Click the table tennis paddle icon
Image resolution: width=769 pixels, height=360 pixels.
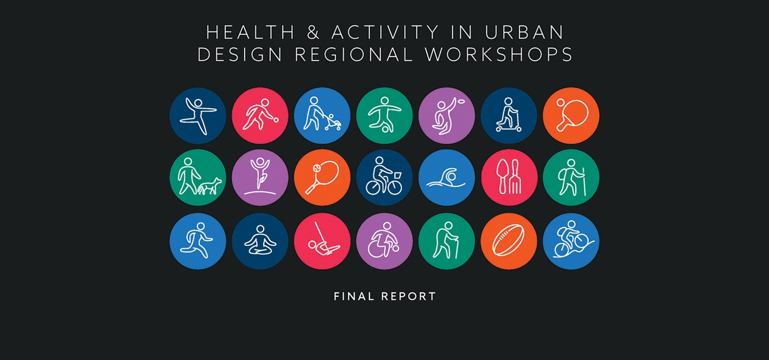(x=571, y=115)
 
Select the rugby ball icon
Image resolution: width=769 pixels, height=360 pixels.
(x=509, y=241)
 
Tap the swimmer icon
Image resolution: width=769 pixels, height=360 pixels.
(x=446, y=178)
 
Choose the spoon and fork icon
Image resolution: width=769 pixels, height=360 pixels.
(x=509, y=178)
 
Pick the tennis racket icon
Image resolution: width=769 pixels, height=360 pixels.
(x=322, y=178)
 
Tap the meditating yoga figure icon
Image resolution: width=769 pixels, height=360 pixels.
(x=260, y=241)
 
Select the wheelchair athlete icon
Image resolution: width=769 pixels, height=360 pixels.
(x=384, y=241)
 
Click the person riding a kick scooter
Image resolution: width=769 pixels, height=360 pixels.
(x=508, y=115)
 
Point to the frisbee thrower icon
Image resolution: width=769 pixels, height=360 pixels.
(x=446, y=115)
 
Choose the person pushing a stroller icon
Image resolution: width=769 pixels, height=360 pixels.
(x=322, y=115)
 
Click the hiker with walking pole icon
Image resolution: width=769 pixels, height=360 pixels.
(x=571, y=178)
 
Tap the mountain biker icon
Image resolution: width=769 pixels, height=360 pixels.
(x=571, y=241)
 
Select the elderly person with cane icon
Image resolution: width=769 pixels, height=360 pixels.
(x=446, y=241)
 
